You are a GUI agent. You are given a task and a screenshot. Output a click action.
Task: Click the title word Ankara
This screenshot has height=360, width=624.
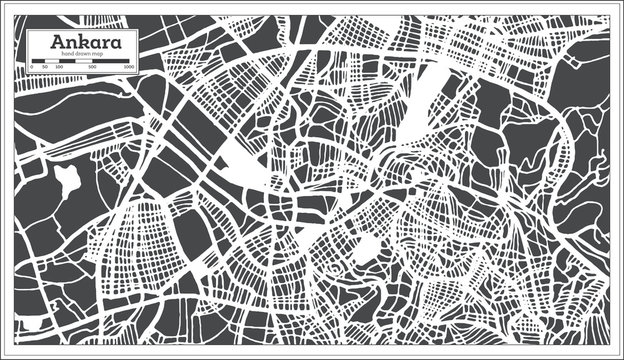tap(83, 43)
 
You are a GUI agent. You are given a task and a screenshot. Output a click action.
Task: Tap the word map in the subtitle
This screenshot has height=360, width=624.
tap(98, 55)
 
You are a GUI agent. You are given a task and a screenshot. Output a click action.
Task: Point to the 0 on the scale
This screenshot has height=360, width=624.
tap(32, 67)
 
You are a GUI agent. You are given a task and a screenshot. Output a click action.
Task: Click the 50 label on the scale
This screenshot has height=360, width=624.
tap(44, 67)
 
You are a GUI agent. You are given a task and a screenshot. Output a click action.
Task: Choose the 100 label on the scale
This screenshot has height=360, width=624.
tap(59, 67)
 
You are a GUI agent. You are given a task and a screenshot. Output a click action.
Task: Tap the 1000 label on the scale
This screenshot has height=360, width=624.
tap(130, 67)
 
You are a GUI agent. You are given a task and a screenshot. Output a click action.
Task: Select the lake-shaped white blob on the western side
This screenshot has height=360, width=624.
tap(67, 180)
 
